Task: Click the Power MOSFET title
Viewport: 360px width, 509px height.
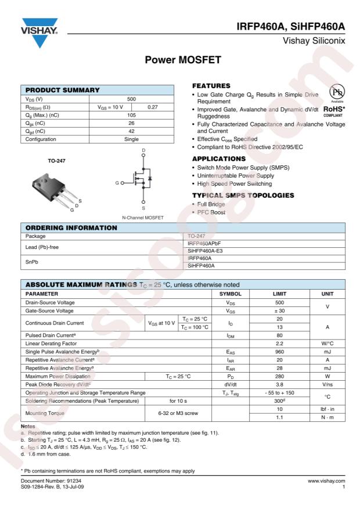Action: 179,59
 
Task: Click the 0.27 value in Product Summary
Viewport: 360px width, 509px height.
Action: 153,107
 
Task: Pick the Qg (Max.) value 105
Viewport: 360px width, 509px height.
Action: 131,115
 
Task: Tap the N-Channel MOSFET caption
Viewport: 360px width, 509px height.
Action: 142,217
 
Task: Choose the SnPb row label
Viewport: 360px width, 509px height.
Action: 33,261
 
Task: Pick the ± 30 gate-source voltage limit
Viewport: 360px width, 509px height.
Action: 279,311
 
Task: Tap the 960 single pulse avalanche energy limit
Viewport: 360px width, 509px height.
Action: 279,352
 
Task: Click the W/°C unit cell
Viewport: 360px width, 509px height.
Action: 327,344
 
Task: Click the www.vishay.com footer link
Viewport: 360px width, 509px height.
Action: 326,481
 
